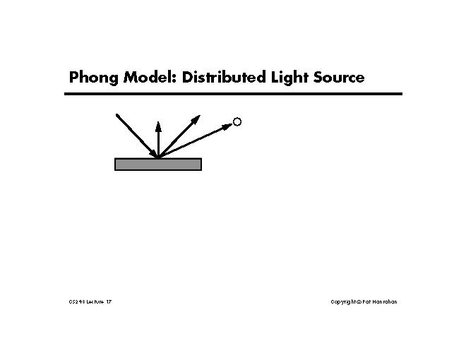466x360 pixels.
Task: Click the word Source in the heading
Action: [x=340, y=78]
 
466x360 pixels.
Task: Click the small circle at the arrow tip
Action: [x=237, y=122]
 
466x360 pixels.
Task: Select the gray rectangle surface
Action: [x=158, y=164]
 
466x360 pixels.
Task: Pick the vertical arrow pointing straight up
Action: [x=158, y=141]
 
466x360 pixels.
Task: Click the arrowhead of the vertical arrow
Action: [x=158, y=126]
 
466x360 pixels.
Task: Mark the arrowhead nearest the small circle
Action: [x=227, y=126]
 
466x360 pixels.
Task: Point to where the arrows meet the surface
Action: [x=158, y=157]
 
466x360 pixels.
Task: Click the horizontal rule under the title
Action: [x=233, y=94]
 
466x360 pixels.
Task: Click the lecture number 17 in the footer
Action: [x=108, y=302]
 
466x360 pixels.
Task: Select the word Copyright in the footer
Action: [x=345, y=302]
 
